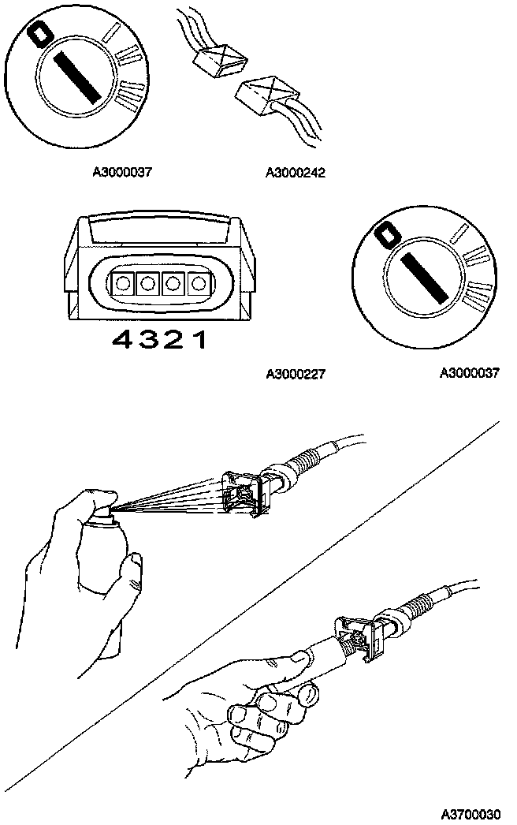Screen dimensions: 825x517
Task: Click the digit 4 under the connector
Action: (x=124, y=340)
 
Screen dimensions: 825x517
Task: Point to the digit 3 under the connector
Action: (x=151, y=340)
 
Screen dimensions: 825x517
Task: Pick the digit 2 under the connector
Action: (x=178, y=340)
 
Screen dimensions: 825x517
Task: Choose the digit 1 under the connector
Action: (x=202, y=340)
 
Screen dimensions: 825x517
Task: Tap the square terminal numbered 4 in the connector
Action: (x=123, y=283)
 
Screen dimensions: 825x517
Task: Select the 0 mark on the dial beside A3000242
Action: (x=37, y=34)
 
